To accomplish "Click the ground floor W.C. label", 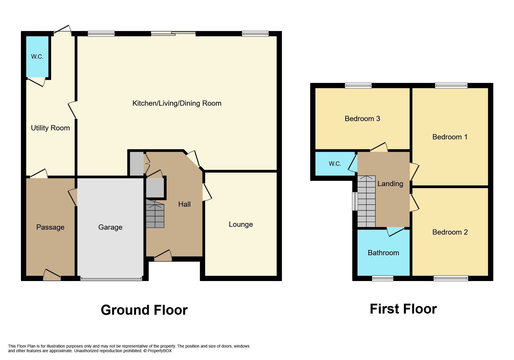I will click(37, 57).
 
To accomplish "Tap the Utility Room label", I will click(50, 128).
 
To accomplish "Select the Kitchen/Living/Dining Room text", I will click(177, 103).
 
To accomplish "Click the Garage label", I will click(110, 227).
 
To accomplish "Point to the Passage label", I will click(50, 227).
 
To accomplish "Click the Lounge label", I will click(241, 224).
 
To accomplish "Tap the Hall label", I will click(184, 204).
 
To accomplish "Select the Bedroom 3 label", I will click(362, 119).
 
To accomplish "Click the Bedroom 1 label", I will click(450, 137).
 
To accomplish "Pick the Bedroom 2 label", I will click(450, 232).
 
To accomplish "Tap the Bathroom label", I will click(383, 253).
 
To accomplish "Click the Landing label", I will click(390, 184).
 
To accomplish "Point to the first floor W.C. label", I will click(335, 164).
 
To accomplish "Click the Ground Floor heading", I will click(144, 310).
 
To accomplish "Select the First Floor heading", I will click(403, 309).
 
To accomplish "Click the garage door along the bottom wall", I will click(111, 279).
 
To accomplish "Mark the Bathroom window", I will click(383, 278).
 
